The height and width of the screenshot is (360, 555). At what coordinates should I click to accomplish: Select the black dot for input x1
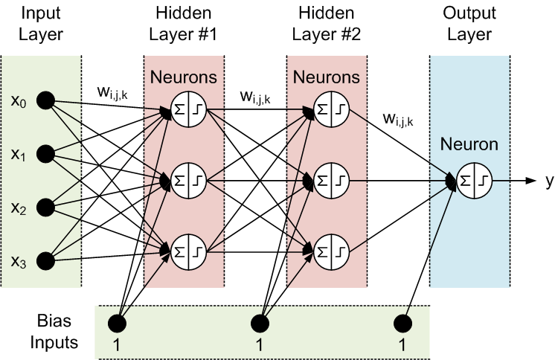click(x=46, y=154)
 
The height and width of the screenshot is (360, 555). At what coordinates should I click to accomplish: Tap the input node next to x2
click(x=46, y=207)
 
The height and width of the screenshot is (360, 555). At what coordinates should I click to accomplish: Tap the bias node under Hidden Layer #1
click(x=117, y=323)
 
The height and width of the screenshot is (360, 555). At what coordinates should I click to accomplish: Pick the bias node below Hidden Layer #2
click(x=259, y=323)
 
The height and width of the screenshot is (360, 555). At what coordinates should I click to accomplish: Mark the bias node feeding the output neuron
click(x=402, y=323)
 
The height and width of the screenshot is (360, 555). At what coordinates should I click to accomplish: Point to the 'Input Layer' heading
click(x=41, y=25)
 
